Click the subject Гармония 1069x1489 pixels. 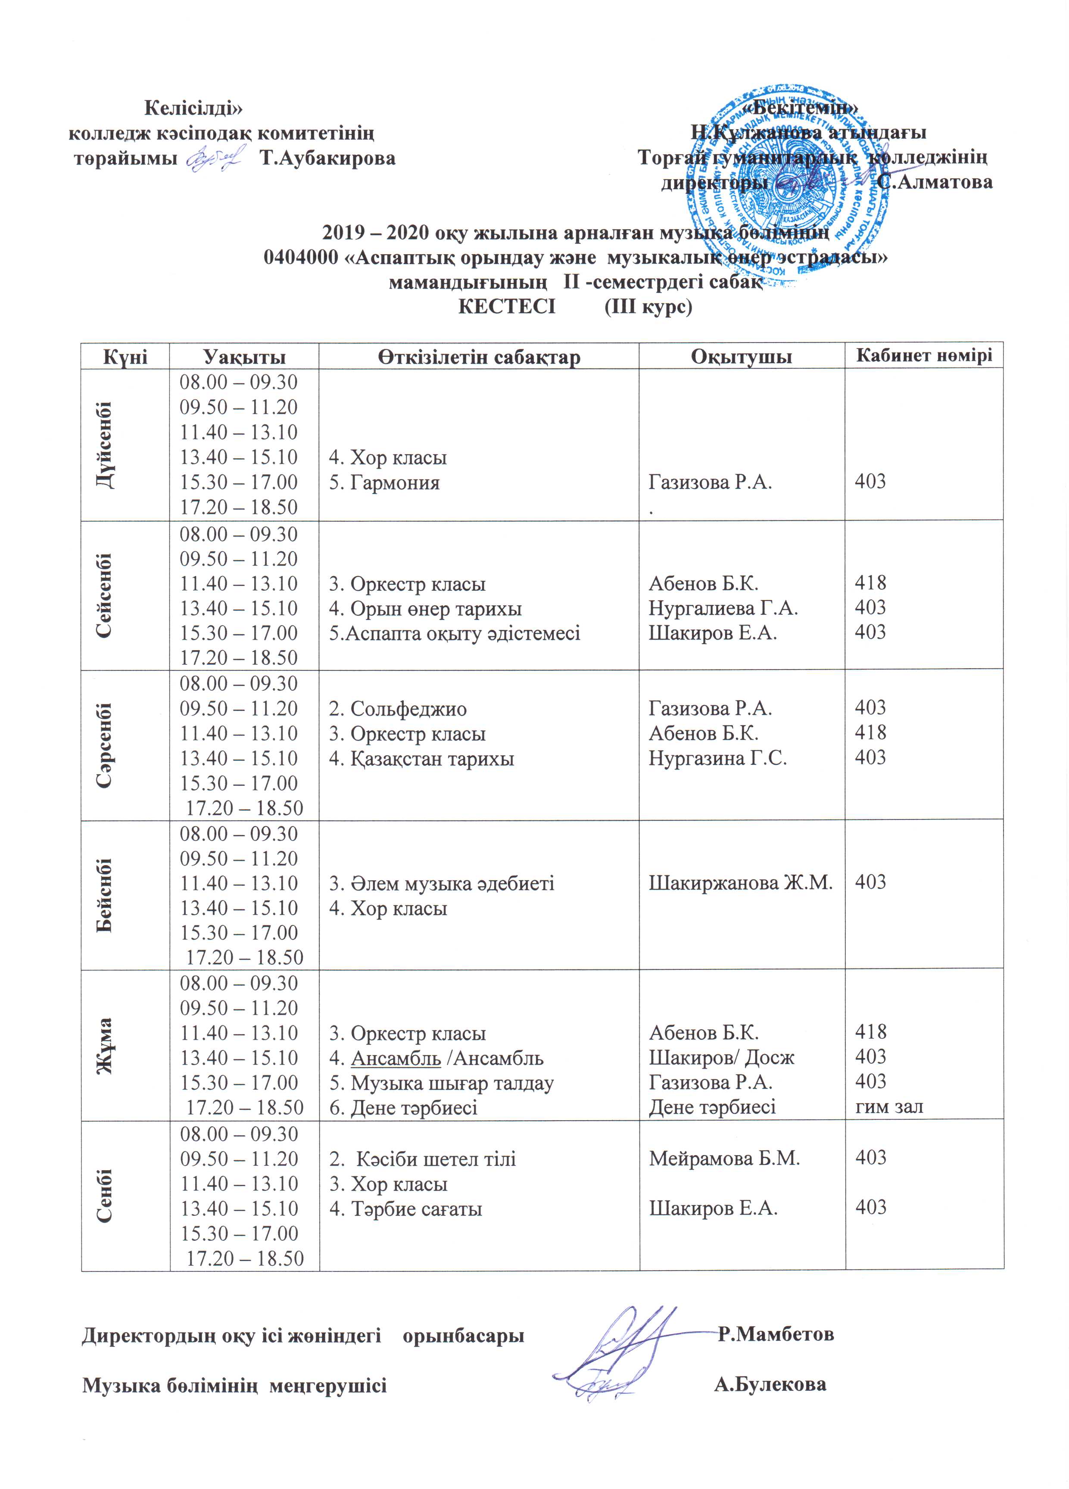pos(394,483)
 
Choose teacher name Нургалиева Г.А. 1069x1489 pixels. pos(723,608)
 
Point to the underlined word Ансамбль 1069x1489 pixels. pos(396,1058)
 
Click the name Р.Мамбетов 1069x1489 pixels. pos(776,1334)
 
